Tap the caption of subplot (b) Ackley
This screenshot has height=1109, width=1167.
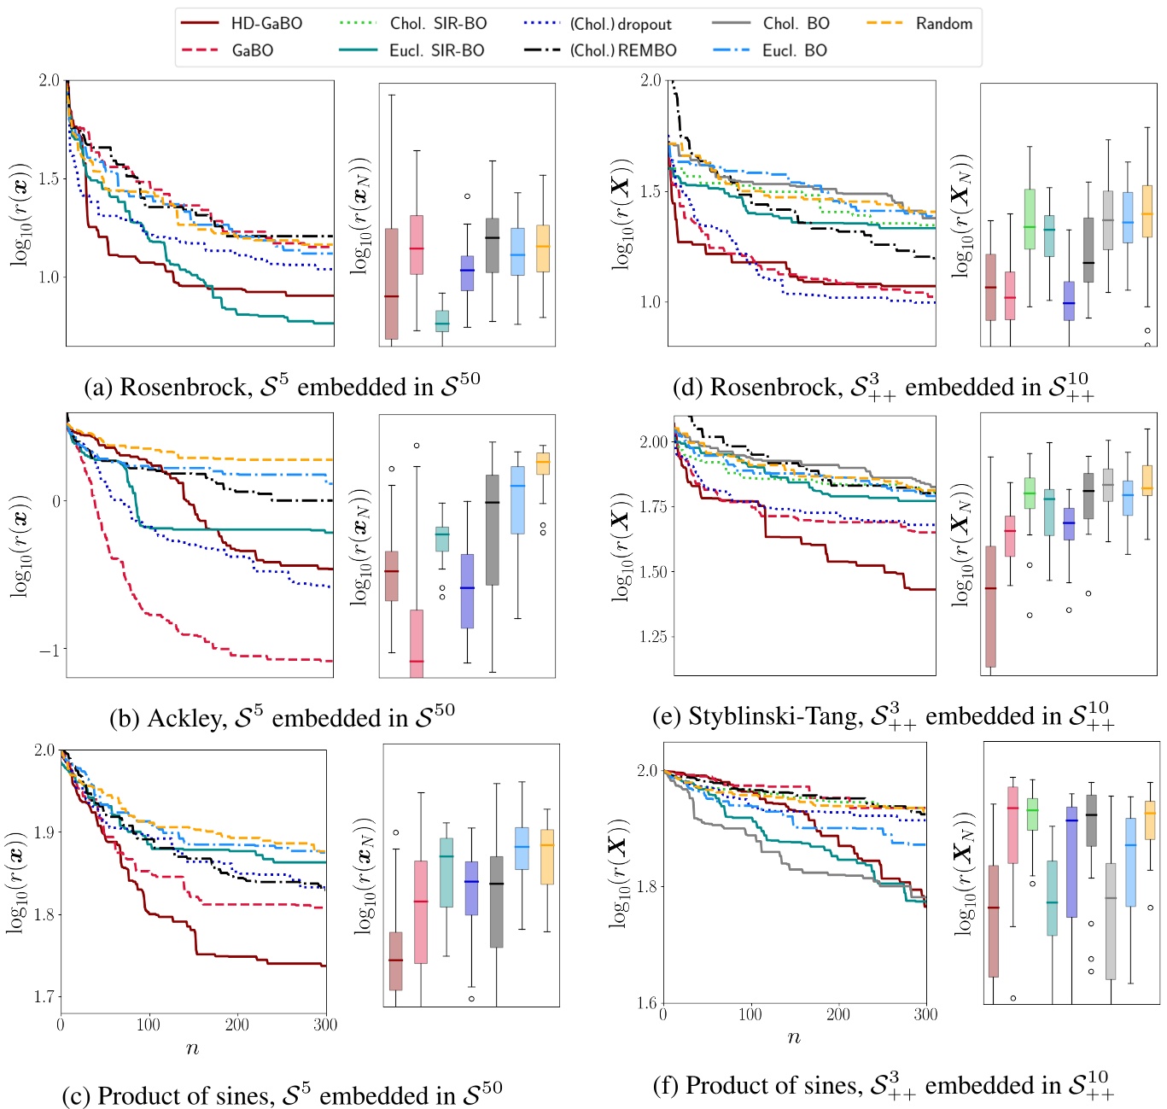pos(282,717)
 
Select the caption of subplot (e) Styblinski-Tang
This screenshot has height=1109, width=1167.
pos(883,715)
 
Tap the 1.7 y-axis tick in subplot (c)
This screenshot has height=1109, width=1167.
pos(44,996)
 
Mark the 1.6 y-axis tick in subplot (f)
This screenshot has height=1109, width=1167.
pos(646,1002)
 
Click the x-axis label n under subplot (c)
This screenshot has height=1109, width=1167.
pos(192,1049)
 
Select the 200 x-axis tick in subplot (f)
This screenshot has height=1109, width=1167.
pos(838,1014)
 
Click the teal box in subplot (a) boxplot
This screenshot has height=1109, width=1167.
pos(441,321)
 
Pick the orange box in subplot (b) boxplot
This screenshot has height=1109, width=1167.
pos(542,463)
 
